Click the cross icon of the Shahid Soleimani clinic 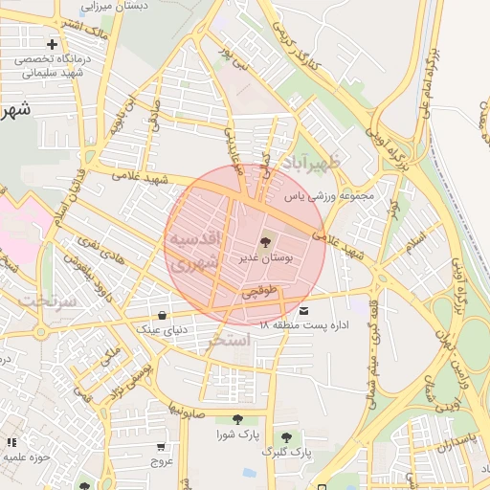click(52, 44)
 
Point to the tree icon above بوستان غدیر click(265, 242)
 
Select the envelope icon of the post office click(304, 311)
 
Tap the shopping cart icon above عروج click(160, 446)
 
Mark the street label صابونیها click(187, 402)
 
